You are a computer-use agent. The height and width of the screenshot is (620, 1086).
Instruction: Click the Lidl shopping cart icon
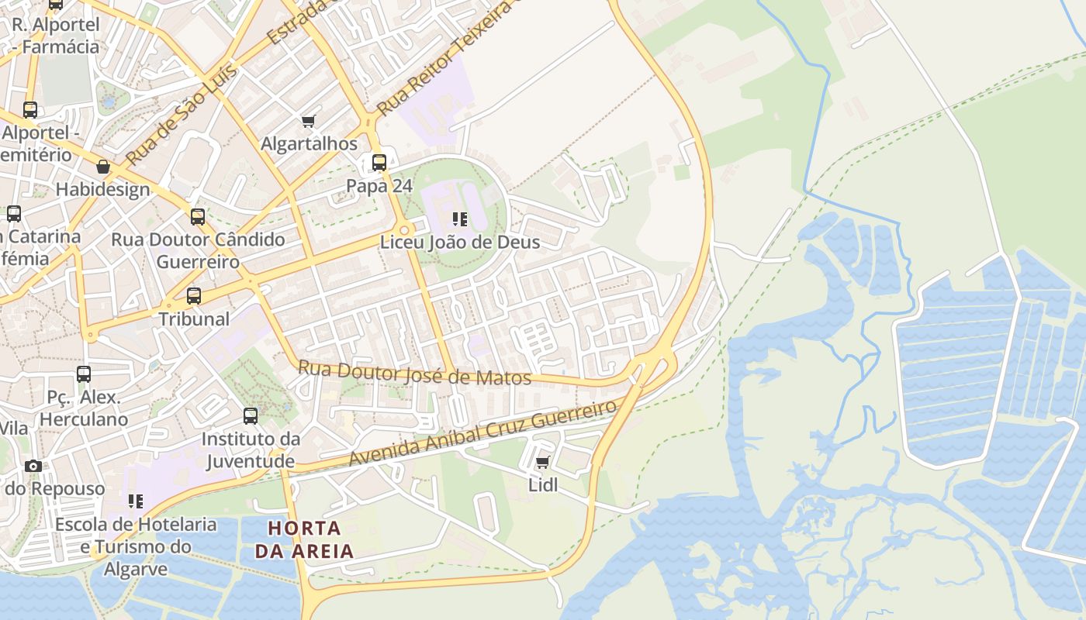tap(543, 463)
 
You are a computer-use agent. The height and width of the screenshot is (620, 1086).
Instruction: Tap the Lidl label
tap(543, 486)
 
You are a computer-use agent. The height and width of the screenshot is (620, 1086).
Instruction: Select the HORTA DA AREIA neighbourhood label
tap(304, 540)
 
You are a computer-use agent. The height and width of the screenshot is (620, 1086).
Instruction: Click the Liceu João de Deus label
tap(460, 243)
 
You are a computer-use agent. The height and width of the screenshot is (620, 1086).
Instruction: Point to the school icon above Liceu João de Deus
tap(460, 219)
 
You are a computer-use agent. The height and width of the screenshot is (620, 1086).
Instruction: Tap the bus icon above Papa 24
tap(379, 163)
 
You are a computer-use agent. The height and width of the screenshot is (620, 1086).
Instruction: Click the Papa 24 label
tap(379, 186)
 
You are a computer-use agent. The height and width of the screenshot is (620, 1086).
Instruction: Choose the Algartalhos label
tap(309, 144)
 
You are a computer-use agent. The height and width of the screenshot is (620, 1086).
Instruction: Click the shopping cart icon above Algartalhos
tap(309, 121)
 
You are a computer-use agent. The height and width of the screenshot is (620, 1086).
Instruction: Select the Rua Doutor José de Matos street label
tap(415, 374)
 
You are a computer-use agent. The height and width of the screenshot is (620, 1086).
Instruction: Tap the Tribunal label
tap(194, 319)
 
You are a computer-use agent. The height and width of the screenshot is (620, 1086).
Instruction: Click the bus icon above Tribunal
tap(194, 296)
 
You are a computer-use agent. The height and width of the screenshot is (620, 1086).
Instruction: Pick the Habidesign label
tap(103, 190)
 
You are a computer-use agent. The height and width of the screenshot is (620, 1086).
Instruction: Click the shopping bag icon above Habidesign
tap(103, 167)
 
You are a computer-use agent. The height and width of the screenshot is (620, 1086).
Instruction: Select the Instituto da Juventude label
tap(250, 450)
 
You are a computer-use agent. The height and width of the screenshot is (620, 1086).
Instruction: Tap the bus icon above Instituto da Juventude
tap(251, 416)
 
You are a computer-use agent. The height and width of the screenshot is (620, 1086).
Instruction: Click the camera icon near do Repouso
tap(33, 466)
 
